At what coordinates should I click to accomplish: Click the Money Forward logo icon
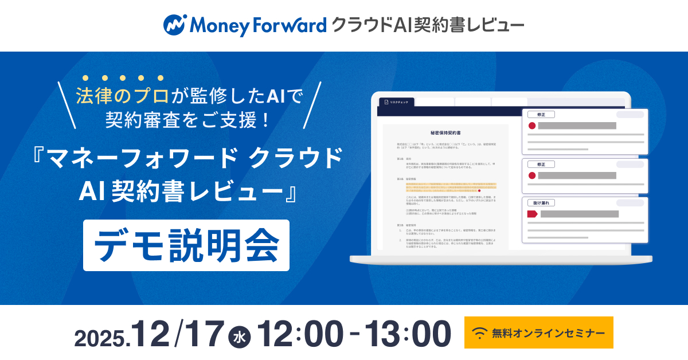174,25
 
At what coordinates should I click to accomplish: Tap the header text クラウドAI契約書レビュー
427,25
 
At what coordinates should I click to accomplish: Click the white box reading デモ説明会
186,245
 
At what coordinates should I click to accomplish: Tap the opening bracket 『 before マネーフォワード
41,158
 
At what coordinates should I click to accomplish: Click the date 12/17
177,333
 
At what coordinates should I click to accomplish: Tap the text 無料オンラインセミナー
548,333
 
